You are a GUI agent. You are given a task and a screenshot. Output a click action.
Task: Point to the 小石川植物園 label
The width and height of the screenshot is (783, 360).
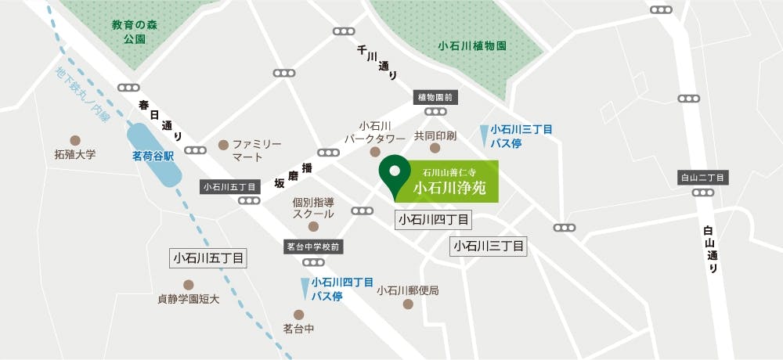tap(472, 45)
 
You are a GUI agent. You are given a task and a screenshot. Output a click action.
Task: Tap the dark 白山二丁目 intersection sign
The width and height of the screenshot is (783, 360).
tap(702, 178)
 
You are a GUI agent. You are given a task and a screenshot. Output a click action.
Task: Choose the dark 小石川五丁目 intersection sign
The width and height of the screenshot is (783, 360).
tap(229, 187)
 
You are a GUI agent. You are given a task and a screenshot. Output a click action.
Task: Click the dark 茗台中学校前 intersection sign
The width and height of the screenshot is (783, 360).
tap(313, 247)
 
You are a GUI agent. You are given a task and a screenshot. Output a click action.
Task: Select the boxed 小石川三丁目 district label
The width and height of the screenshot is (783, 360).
tap(489, 247)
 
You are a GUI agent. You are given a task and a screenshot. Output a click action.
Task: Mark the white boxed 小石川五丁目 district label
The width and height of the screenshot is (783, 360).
tap(208, 257)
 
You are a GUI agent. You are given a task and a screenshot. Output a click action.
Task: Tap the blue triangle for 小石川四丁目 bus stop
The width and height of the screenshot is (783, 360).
tap(305, 288)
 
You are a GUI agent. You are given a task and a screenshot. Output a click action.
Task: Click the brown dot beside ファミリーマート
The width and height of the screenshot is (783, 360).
tap(223, 144)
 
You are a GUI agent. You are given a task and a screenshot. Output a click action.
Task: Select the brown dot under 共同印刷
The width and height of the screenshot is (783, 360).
tap(435, 148)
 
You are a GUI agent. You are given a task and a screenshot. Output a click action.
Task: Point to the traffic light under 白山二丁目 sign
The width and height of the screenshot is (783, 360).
tap(702, 192)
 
